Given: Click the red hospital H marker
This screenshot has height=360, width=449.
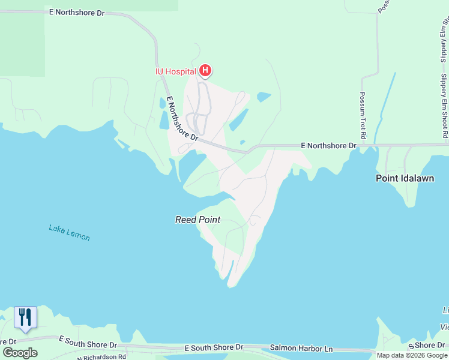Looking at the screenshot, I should tap(205, 71).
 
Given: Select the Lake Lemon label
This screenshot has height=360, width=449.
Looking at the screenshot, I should tap(69, 233).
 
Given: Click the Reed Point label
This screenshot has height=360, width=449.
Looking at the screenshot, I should tap(198, 220).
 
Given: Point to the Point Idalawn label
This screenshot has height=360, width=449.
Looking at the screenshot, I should tap(405, 178).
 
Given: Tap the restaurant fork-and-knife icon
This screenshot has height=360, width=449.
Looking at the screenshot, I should tap(25, 316).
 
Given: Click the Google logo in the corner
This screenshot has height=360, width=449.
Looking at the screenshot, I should tap(20, 353).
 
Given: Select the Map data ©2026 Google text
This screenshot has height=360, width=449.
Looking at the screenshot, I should tap(412, 355).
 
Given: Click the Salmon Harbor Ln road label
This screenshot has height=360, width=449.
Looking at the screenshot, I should tap(301, 348).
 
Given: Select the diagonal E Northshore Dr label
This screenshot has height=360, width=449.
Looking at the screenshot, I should tap(182, 118).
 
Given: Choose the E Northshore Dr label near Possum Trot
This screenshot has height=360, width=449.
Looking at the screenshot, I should tap(328, 145).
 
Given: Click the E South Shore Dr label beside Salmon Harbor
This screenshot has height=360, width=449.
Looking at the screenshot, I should tap(214, 347).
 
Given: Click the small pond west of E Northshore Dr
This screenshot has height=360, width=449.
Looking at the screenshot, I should tap(164, 119).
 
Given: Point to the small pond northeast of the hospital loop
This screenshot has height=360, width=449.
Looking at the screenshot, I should tap(264, 96).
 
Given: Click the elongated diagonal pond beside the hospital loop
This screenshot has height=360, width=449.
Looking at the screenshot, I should tap(238, 119).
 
